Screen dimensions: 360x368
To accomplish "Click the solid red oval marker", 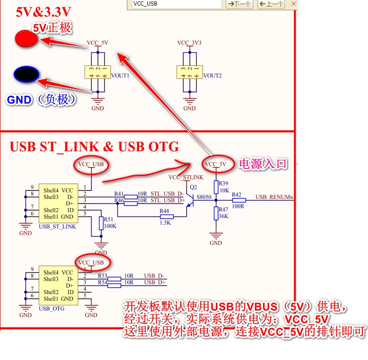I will click(26, 39).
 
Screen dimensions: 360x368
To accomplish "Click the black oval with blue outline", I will click(26, 74).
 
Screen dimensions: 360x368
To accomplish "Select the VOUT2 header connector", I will click(189, 72).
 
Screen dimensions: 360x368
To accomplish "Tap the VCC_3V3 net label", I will click(189, 43).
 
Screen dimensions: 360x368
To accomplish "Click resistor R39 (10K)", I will click(215, 187).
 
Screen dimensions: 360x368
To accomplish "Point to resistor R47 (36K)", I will click(215, 213).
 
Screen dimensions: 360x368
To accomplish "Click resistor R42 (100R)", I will click(238, 200).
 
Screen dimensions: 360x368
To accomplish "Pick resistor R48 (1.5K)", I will click(166, 217).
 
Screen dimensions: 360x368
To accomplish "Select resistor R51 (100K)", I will click(101, 223).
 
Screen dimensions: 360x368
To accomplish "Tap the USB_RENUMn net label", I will click(274, 197).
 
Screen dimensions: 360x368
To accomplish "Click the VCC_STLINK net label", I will click(186, 177).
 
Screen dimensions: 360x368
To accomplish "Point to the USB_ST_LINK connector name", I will click(57, 227).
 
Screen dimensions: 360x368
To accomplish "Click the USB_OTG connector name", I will click(52, 309).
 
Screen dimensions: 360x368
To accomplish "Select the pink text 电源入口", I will click(263, 163).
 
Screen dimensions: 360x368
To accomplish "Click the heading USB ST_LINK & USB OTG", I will click(94, 147).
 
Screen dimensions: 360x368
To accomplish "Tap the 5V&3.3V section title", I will click(44, 12).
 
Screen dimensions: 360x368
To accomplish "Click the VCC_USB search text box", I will click(175, 4).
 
